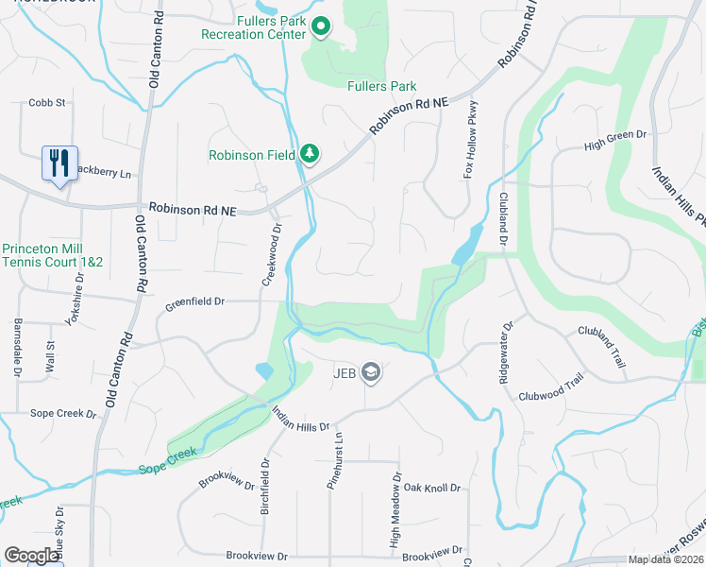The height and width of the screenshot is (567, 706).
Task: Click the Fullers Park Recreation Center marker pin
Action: [321, 27]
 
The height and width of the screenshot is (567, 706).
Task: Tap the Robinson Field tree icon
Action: [309, 153]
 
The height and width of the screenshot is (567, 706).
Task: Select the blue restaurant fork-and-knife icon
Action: [59, 163]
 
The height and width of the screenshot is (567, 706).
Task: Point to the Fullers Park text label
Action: [381, 86]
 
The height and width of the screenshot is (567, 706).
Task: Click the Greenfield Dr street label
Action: [194, 303]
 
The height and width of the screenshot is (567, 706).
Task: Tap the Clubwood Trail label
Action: [551, 391]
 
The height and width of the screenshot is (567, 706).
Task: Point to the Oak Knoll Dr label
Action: [431, 488]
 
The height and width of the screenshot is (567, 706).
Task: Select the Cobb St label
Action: [46, 102]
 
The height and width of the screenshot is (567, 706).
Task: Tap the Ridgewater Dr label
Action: [505, 352]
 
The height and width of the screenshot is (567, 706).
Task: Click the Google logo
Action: [32, 556]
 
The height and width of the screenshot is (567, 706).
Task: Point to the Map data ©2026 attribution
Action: [666, 559]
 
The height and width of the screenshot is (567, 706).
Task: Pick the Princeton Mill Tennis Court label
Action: [52, 255]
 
